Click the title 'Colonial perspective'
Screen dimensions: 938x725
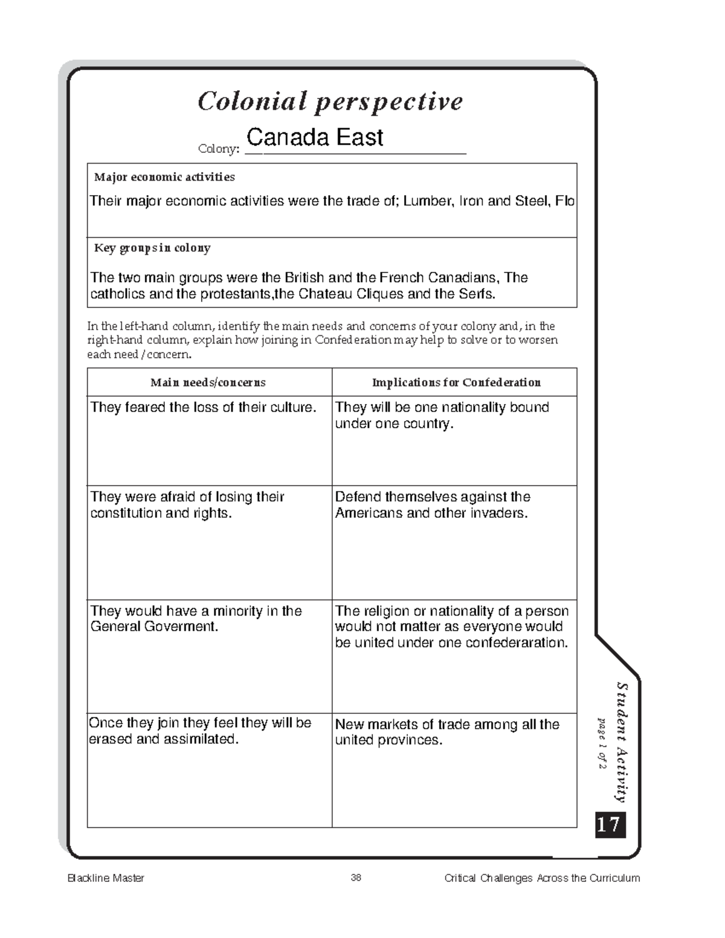(x=330, y=101)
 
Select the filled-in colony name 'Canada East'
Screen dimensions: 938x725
(x=314, y=138)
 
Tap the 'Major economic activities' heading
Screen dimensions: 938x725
(x=164, y=177)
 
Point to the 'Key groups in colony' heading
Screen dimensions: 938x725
(x=152, y=248)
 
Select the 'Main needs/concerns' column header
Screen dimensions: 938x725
(x=208, y=382)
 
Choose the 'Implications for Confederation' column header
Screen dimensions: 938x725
(x=456, y=382)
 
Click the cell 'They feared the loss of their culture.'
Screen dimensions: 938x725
(x=203, y=408)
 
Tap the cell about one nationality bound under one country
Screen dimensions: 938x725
(x=442, y=416)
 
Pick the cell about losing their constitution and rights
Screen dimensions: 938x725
(x=187, y=505)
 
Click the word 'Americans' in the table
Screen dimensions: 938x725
(x=369, y=513)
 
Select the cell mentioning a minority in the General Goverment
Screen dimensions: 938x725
(x=196, y=618)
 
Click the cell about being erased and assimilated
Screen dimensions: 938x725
(x=200, y=731)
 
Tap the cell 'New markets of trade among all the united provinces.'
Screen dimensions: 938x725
(x=447, y=732)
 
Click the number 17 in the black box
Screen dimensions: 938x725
(x=609, y=824)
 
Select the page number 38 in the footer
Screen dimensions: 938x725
(x=356, y=878)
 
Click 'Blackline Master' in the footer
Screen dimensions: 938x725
(x=106, y=878)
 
